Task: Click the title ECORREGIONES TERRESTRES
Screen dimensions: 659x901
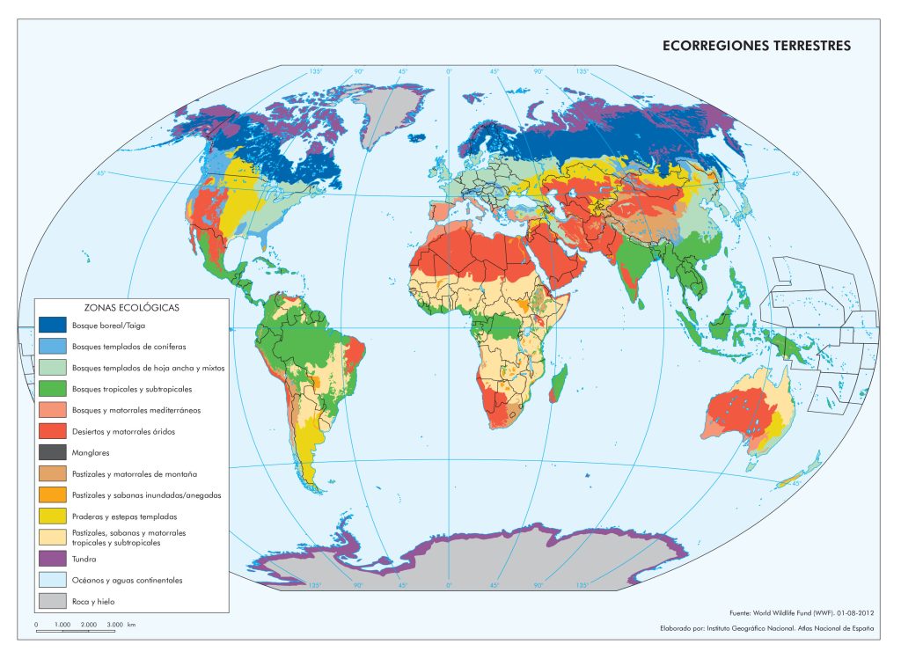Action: (757, 46)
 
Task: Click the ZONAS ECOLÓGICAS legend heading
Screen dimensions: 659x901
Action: (132, 308)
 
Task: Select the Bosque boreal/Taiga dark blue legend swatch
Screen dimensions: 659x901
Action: (53, 326)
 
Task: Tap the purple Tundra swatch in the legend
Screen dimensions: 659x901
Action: (53, 559)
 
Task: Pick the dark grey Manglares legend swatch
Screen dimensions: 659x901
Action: (53, 453)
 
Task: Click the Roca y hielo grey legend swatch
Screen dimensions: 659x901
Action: (53, 602)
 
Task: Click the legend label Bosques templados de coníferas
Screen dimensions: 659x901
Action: (128, 347)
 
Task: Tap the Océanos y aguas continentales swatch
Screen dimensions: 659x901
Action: (53, 581)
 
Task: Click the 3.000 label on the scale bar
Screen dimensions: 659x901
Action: (115, 624)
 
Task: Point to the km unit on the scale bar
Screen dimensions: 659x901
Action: (131, 624)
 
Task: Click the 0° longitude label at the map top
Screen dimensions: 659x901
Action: (449, 71)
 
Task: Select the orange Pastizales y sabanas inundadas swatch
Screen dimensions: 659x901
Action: (53, 495)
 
